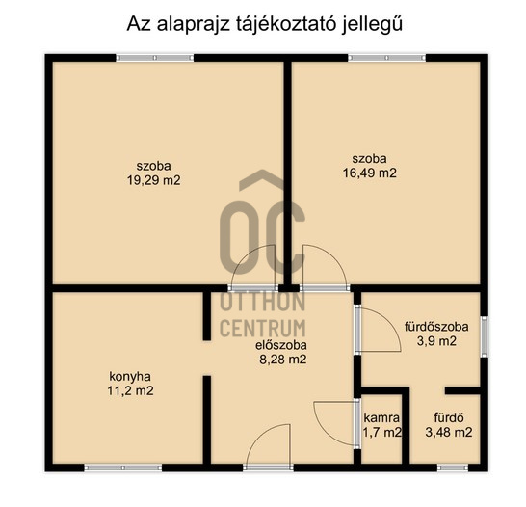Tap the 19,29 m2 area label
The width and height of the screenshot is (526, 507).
point(153,180)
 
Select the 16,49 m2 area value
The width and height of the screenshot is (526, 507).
point(369,173)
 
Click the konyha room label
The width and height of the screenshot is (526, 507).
point(130,377)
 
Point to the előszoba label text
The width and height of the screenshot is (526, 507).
point(281,345)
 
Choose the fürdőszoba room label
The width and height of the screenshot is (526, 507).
point(436,327)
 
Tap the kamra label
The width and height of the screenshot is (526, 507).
point(381,418)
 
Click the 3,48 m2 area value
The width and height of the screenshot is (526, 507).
point(449,432)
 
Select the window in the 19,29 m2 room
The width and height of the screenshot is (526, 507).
point(155,58)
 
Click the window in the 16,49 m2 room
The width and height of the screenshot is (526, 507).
point(386,58)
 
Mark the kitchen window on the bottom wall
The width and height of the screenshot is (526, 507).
point(122,467)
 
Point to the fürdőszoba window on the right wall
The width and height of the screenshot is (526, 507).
point(485,336)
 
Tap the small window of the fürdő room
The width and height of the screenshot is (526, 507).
point(453,467)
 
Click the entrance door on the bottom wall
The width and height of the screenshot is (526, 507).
point(269,446)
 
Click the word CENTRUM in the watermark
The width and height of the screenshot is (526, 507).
point(263,329)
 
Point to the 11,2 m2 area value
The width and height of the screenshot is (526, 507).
point(130,391)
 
